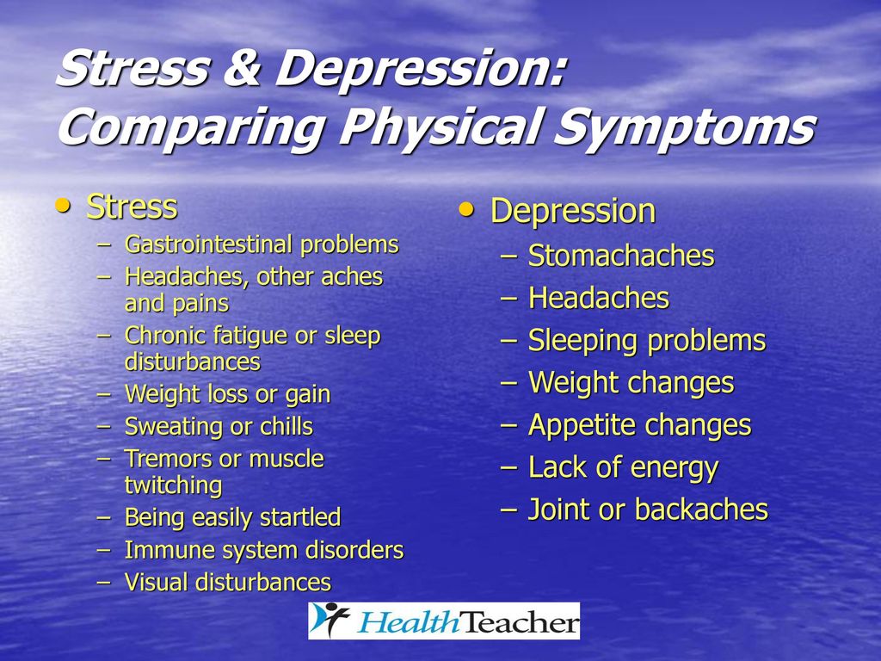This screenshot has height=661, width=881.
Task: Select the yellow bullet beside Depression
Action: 466,210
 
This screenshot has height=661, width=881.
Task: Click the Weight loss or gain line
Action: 227,394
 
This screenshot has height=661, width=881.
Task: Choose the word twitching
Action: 174,485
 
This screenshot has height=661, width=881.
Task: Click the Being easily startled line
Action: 232,517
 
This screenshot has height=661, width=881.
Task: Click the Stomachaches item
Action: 621,256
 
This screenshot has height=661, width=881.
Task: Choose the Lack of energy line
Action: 623,468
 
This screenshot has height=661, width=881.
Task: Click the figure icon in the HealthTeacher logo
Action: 330,621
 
